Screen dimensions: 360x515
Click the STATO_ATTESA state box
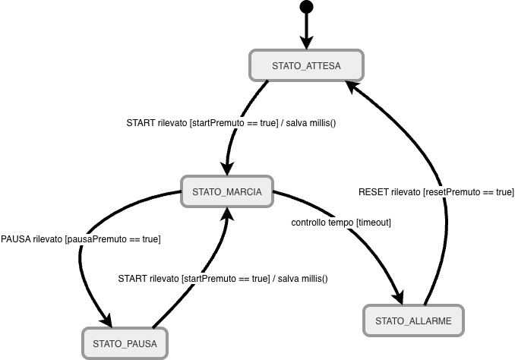(306, 65)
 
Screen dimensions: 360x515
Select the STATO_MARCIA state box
(227, 191)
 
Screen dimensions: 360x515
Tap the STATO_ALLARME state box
(413, 321)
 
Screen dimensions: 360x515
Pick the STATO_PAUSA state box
(125, 343)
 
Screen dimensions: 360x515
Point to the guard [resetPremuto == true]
(468, 192)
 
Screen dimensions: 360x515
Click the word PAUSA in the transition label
(16, 239)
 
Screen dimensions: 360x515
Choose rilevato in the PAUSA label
(48, 239)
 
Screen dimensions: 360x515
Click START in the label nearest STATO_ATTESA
(141, 123)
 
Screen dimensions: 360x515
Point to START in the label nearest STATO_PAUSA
(133, 279)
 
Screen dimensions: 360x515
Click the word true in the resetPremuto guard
(504, 192)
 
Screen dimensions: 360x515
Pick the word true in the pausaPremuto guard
(150, 239)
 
